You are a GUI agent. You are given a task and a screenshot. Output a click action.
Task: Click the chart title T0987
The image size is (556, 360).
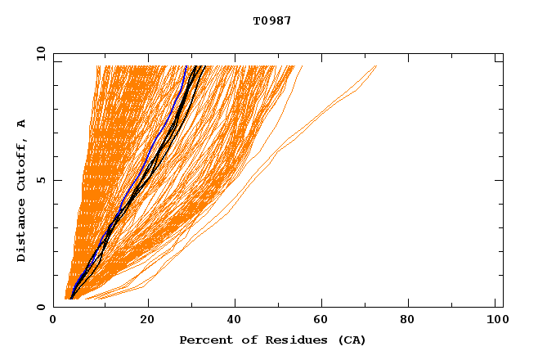pos(272,20)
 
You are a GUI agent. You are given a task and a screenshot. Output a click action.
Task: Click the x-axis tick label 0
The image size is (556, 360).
pos(54,321)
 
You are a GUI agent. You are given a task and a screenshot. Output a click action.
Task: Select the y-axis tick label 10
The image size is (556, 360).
pos(40,54)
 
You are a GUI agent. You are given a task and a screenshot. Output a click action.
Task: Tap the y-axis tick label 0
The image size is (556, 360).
pos(40,307)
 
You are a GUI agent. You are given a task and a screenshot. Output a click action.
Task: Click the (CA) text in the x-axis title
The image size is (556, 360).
pos(349,340)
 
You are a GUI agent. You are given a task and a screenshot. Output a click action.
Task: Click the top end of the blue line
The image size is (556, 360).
pos(186,66)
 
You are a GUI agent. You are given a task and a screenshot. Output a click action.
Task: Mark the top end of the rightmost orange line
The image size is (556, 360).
pos(376,66)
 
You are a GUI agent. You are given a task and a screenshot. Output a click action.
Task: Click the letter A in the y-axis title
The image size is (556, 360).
pos(21,124)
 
